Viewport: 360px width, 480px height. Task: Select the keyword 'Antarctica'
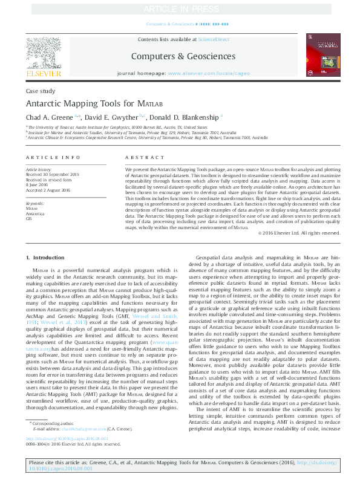coord(35,213)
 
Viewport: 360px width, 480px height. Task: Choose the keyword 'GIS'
coord(29,218)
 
